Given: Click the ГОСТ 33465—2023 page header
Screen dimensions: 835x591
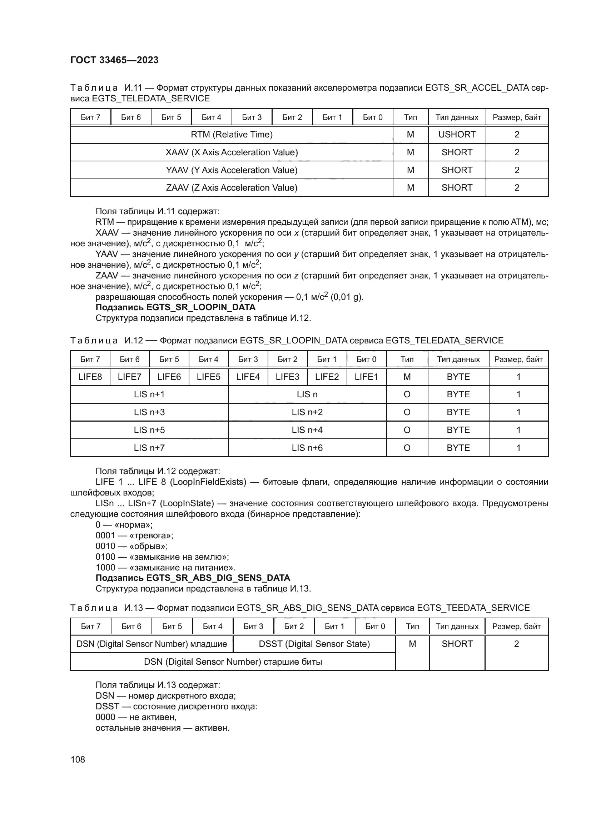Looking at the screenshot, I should [114, 60].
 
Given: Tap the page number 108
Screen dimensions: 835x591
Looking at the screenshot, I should [78, 759].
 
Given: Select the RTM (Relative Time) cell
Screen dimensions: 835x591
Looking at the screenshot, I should [232, 135].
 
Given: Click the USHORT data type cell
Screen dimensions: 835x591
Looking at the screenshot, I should [457, 135].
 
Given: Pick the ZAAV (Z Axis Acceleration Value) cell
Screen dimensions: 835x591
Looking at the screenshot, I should [232, 188].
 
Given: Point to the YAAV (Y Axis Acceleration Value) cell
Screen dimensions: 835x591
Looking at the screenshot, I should [232, 170].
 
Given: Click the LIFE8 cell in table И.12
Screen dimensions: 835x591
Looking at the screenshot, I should [90, 377].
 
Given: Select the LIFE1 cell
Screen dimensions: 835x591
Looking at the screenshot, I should [366, 377].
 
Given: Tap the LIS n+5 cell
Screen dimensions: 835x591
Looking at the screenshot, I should [149, 430].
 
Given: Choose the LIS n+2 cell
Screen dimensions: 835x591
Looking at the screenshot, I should [307, 412].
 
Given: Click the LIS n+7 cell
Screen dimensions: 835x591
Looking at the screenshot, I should [149, 448].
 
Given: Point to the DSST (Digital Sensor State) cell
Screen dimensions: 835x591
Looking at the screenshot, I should [314, 644].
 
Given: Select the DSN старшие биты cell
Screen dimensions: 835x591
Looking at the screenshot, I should [233, 662].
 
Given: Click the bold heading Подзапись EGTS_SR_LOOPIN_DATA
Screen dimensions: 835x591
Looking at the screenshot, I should [175, 307].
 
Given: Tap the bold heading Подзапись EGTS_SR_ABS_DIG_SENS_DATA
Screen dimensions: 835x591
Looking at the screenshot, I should [193, 578].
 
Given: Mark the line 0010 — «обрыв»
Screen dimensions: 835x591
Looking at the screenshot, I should [131, 546].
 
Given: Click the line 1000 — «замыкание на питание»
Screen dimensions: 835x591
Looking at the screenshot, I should [165, 567].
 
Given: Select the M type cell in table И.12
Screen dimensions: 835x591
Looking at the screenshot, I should [407, 377].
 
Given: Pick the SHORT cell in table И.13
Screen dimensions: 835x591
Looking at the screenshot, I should [457, 644].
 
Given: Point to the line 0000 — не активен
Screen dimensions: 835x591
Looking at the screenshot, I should [136, 717].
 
